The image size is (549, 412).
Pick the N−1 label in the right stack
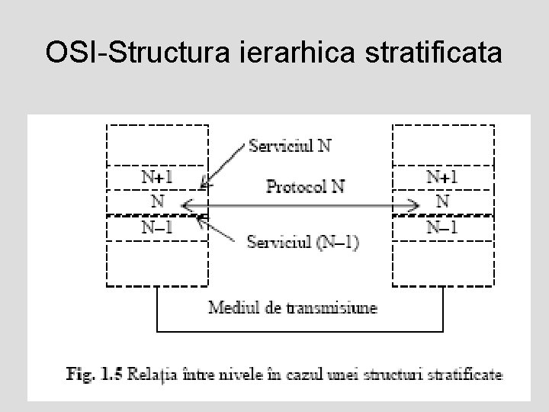click(441, 227)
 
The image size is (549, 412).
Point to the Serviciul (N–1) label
click(303, 242)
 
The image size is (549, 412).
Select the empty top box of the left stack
click(156, 145)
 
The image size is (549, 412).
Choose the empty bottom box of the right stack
click(442, 263)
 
